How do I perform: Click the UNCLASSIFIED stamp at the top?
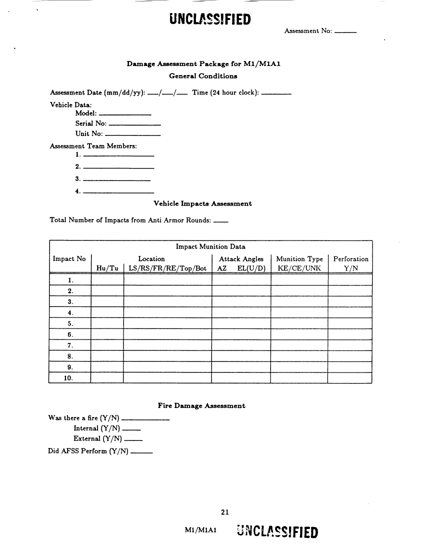click(x=210, y=18)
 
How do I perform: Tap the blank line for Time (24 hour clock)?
click(x=276, y=94)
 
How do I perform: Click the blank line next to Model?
click(x=125, y=115)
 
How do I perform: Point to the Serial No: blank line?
click(x=134, y=124)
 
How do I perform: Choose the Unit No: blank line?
click(x=133, y=135)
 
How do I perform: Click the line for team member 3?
click(x=116, y=180)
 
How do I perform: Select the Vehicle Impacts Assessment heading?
click(x=202, y=203)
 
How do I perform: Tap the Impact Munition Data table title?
click(x=210, y=246)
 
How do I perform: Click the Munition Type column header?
click(x=299, y=259)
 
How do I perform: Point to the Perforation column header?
click(x=350, y=259)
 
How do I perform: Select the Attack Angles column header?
click(x=241, y=259)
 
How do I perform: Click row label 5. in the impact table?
click(x=70, y=323)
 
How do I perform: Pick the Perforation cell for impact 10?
click(x=350, y=378)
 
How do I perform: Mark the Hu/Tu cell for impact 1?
click(x=107, y=279)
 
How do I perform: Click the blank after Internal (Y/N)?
click(x=131, y=430)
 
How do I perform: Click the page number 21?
click(x=224, y=511)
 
